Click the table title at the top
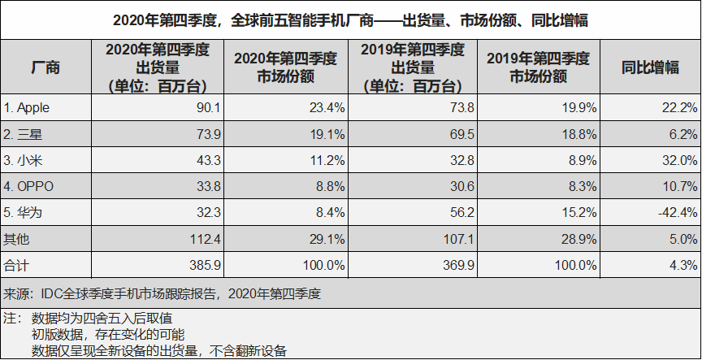pos(351,19)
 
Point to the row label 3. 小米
pos(26,160)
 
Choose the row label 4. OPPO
pos(29,186)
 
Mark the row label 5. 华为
pos(26,212)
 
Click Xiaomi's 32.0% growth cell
pos(679,160)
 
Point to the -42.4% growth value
pos(676,212)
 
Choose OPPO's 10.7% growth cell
pos(679,186)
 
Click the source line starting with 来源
pos(162,293)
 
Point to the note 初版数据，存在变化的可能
pos(108,334)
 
